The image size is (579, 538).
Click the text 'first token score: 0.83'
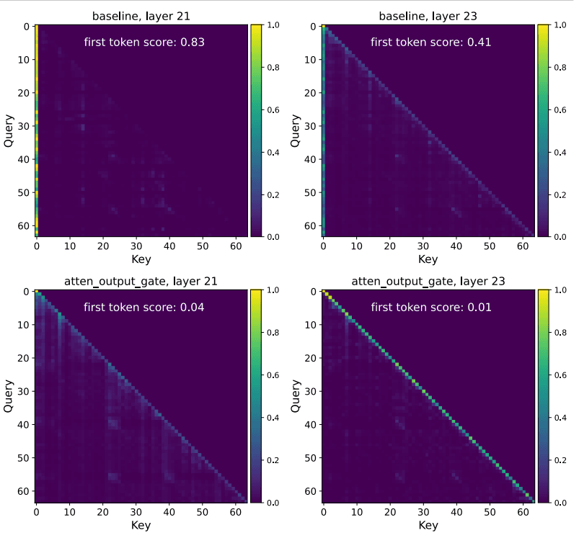144,42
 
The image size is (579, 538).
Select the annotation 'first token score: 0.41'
431,42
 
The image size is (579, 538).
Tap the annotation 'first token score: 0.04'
144,308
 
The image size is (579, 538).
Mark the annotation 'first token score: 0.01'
431,308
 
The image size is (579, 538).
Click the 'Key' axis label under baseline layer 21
141,259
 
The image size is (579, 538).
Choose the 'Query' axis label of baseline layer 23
296,130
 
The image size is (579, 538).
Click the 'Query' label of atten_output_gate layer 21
9,397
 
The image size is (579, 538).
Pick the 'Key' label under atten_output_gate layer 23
428,526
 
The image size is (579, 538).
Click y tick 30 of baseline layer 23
311,126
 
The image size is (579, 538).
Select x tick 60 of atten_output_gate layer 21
235,512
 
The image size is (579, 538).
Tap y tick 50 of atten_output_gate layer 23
311,458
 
